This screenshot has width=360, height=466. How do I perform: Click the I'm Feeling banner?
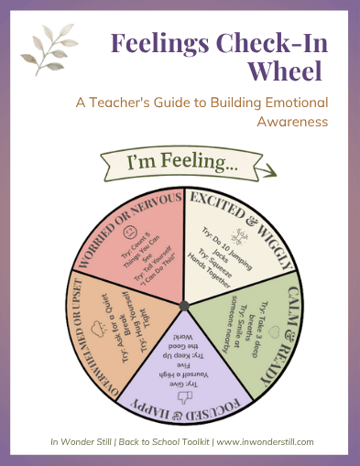[x=186, y=164]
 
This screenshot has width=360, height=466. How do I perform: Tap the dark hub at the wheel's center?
[x=183, y=304]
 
